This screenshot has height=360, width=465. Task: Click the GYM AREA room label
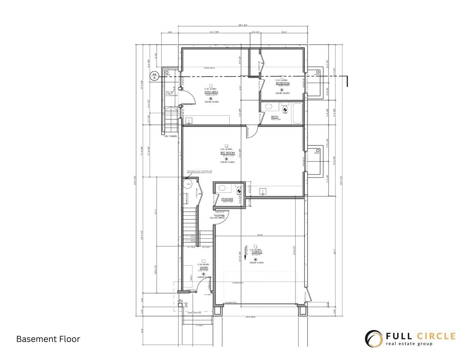[x=211, y=92]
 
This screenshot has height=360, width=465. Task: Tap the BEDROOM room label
[x=282, y=84]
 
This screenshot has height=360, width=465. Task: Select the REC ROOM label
[x=227, y=153]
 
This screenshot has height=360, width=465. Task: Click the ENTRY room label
[x=204, y=268]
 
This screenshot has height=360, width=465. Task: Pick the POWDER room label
[x=227, y=199]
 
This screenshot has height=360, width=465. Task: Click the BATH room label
[x=275, y=117]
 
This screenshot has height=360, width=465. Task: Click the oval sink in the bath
[x=268, y=106]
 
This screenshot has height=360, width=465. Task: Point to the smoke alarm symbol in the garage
[x=255, y=259]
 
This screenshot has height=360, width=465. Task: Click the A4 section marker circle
[x=153, y=76]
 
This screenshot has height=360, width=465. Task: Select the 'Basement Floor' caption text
[x=48, y=339]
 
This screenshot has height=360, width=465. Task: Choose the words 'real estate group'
[x=409, y=344]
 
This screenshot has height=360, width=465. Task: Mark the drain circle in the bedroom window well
[x=318, y=72]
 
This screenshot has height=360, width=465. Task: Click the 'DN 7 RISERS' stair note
[x=171, y=136]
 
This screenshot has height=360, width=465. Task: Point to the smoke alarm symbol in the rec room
[x=226, y=159]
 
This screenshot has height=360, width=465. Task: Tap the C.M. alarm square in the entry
[x=204, y=261]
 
